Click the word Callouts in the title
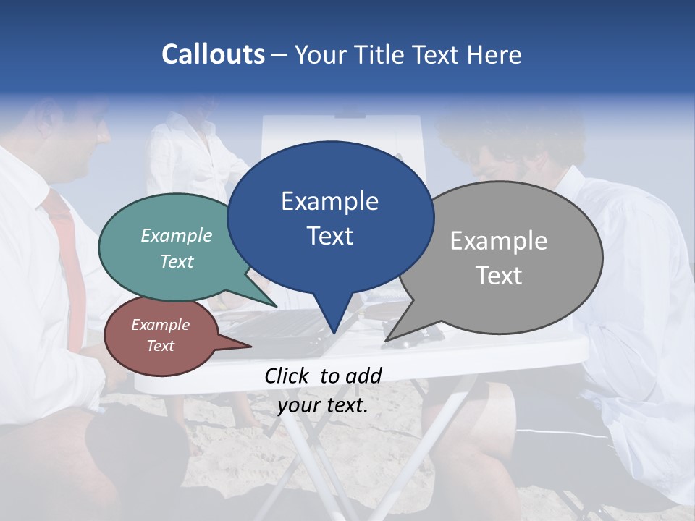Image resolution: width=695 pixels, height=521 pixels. click(x=213, y=54)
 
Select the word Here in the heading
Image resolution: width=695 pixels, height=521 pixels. click(x=494, y=54)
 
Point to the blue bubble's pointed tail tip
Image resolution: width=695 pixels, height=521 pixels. click(x=333, y=333)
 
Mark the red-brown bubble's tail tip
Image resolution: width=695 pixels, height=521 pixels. click(x=250, y=346)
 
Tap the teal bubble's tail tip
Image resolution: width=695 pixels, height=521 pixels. click(x=276, y=307)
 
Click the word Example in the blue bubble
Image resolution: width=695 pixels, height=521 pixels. click(x=329, y=201)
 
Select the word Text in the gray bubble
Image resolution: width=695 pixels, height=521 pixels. click(x=499, y=275)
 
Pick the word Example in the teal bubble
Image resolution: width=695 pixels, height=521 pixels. click(x=177, y=235)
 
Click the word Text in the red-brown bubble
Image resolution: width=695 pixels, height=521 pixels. click(x=161, y=346)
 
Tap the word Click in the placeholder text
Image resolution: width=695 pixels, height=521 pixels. click(x=287, y=375)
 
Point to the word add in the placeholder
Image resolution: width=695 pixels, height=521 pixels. click(x=363, y=375)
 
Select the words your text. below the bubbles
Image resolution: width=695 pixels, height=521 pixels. click(x=323, y=405)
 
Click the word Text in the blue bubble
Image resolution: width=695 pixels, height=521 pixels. click(x=330, y=236)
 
